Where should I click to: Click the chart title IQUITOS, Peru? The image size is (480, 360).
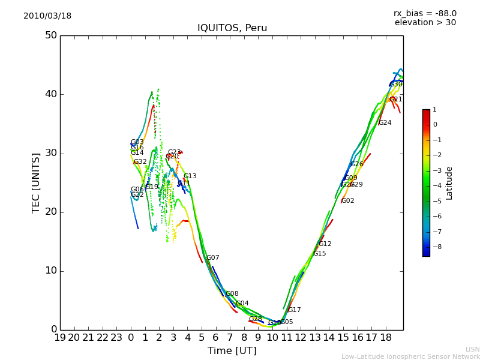point(232,28)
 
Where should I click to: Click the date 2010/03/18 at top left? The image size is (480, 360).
point(47,16)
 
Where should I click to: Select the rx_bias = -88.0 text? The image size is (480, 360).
point(425,13)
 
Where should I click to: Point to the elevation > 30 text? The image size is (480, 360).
point(425,23)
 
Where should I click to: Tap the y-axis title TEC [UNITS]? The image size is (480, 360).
point(36,182)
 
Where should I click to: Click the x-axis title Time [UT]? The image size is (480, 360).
point(232,350)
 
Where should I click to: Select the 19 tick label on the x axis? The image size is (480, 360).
point(60,338)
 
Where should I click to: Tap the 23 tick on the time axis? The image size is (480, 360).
point(116,338)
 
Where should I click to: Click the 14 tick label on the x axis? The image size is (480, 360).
point(329,338)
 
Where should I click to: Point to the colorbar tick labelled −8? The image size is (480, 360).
point(434,246)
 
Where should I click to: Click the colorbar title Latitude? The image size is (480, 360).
point(449,183)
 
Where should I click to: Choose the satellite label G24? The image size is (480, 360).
point(385,123)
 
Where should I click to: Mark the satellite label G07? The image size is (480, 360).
point(213,258)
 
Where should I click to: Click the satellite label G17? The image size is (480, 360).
point(295,310)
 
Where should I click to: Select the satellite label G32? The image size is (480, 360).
point(140,162)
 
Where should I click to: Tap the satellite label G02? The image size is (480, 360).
point(347,201)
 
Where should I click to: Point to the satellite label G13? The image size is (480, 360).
point(190,176)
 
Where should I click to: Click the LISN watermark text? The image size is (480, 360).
point(472,349)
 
